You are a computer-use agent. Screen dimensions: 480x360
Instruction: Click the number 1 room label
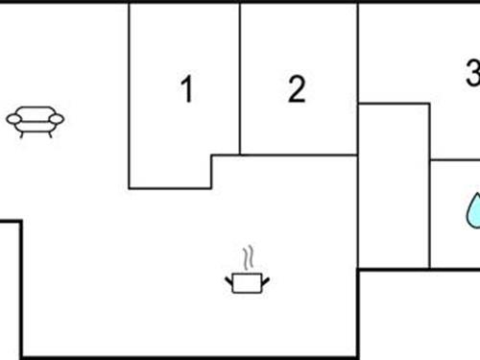coord(187,89)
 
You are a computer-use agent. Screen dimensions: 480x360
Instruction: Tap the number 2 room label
coord(297,89)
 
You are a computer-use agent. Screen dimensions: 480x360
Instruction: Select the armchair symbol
coord(36,120)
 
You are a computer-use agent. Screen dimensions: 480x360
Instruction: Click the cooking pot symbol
coord(248,276)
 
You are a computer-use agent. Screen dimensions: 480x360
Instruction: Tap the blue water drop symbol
coord(473,212)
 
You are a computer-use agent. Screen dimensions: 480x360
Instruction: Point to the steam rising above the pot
coord(249,257)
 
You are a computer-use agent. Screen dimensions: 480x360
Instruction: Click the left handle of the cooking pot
coord(230,279)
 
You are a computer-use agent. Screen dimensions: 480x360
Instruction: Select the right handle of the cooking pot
coord(265,279)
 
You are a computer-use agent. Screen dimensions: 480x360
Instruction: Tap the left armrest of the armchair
coord(13,119)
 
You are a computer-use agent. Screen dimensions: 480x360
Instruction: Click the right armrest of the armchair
coord(57,119)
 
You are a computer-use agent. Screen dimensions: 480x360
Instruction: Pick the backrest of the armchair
coord(36,110)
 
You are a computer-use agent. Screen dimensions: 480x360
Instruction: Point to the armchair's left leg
coord(22,132)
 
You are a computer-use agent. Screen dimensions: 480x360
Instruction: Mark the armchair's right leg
coord(49,132)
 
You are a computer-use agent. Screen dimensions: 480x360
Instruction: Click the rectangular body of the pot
coord(248,282)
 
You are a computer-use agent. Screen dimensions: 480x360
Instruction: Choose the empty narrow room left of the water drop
coord(394,182)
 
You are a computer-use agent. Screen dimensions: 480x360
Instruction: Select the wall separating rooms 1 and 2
coord(240,77)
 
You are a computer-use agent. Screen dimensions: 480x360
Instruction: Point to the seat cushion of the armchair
coord(36,123)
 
